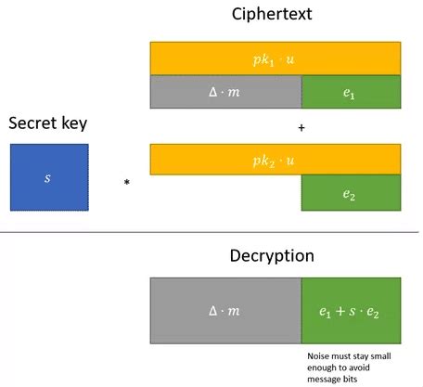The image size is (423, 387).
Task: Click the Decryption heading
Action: [x=271, y=255]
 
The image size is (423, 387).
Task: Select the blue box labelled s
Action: [x=49, y=176]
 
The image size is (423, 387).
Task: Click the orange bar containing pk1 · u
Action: [x=275, y=58]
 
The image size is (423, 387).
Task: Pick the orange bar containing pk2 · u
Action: [x=275, y=159]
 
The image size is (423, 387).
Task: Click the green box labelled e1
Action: [x=351, y=91]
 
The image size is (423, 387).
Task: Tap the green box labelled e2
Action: [x=351, y=192]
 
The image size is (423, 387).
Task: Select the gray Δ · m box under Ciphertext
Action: [x=225, y=91]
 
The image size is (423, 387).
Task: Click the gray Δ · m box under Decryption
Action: [x=225, y=311]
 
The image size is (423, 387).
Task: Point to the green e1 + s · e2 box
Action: [x=351, y=311]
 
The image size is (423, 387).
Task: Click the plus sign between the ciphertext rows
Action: [x=301, y=128]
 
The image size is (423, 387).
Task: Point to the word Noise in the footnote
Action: [x=319, y=355]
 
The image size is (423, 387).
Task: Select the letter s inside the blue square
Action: [x=48, y=176]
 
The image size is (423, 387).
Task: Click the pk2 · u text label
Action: [x=275, y=159]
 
